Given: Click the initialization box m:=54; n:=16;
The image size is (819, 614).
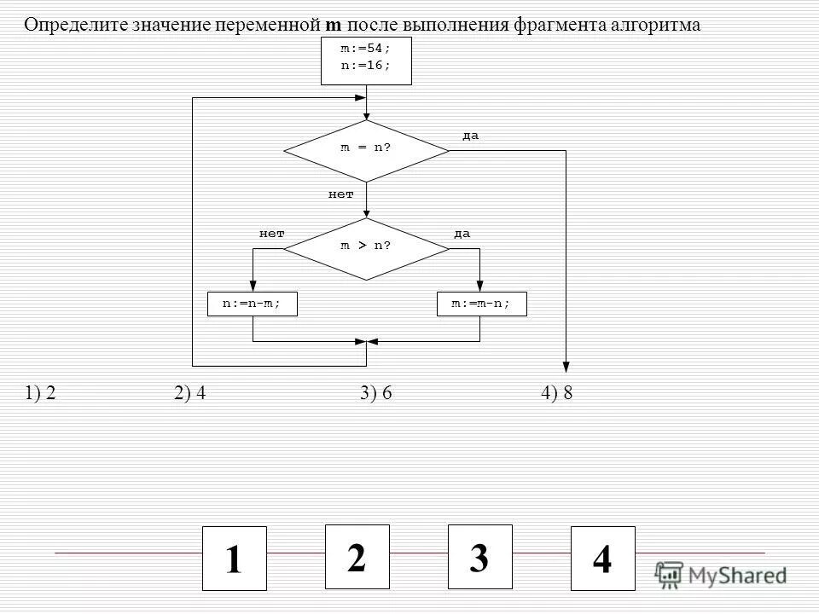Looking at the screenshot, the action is [x=366, y=60].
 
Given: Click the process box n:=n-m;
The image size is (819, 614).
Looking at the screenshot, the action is [x=253, y=304].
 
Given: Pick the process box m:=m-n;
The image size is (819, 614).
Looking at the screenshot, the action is [x=481, y=304].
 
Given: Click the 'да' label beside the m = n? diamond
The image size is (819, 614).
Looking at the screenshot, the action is [x=470, y=136].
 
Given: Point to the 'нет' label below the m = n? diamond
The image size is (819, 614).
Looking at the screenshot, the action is [x=340, y=194].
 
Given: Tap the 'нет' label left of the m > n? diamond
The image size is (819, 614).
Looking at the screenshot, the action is [x=271, y=234].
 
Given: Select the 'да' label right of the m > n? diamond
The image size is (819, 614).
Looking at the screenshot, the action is [x=462, y=234].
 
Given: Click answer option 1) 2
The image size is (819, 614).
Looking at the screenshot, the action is [x=40, y=393].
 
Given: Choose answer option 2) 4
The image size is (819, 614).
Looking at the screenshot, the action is [x=189, y=393].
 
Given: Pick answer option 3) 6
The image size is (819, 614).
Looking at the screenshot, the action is [x=375, y=393].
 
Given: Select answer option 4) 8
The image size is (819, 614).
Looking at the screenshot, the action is [x=556, y=393].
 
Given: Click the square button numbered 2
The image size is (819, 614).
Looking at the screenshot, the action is [x=357, y=557].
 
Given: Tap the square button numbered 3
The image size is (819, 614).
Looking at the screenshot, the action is [x=480, y=557].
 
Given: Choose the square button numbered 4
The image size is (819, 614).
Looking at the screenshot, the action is [x=602, y=559].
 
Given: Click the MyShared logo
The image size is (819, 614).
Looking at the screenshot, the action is [x=722, y=574].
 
